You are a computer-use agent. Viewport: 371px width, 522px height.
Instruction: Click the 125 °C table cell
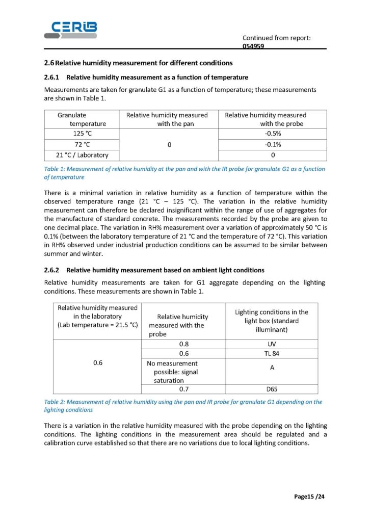82,134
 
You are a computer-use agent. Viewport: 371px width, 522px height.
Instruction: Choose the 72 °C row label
82,144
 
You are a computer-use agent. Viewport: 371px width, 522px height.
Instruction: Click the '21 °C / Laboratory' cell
82,155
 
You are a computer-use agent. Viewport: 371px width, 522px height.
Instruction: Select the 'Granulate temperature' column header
82,119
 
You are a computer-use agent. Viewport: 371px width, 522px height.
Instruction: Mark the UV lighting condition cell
271,344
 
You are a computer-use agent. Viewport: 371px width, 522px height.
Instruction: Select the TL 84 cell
271,353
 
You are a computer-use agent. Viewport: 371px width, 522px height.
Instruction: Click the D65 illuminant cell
271,389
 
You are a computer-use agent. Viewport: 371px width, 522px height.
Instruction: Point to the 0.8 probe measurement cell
183,344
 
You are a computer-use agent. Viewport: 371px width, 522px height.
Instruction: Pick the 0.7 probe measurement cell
183,389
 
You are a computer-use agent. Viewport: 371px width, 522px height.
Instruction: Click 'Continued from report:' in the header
276,38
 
